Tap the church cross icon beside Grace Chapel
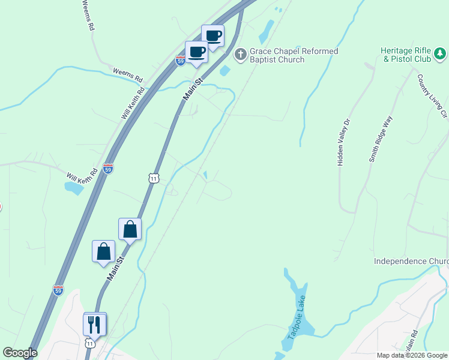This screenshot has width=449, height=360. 240,55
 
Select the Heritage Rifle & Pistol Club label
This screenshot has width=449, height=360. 407,56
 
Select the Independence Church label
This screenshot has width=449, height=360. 411,262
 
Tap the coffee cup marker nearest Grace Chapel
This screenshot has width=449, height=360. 212,36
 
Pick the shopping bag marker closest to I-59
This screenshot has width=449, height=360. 103,251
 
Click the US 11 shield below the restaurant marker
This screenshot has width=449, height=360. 89,344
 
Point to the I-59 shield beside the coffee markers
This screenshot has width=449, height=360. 181,61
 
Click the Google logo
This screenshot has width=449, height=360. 20,353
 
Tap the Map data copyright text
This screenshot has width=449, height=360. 412,355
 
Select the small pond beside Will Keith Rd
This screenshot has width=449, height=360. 74,188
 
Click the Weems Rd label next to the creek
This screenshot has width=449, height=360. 128,76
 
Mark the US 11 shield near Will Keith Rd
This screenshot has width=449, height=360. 154,178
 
